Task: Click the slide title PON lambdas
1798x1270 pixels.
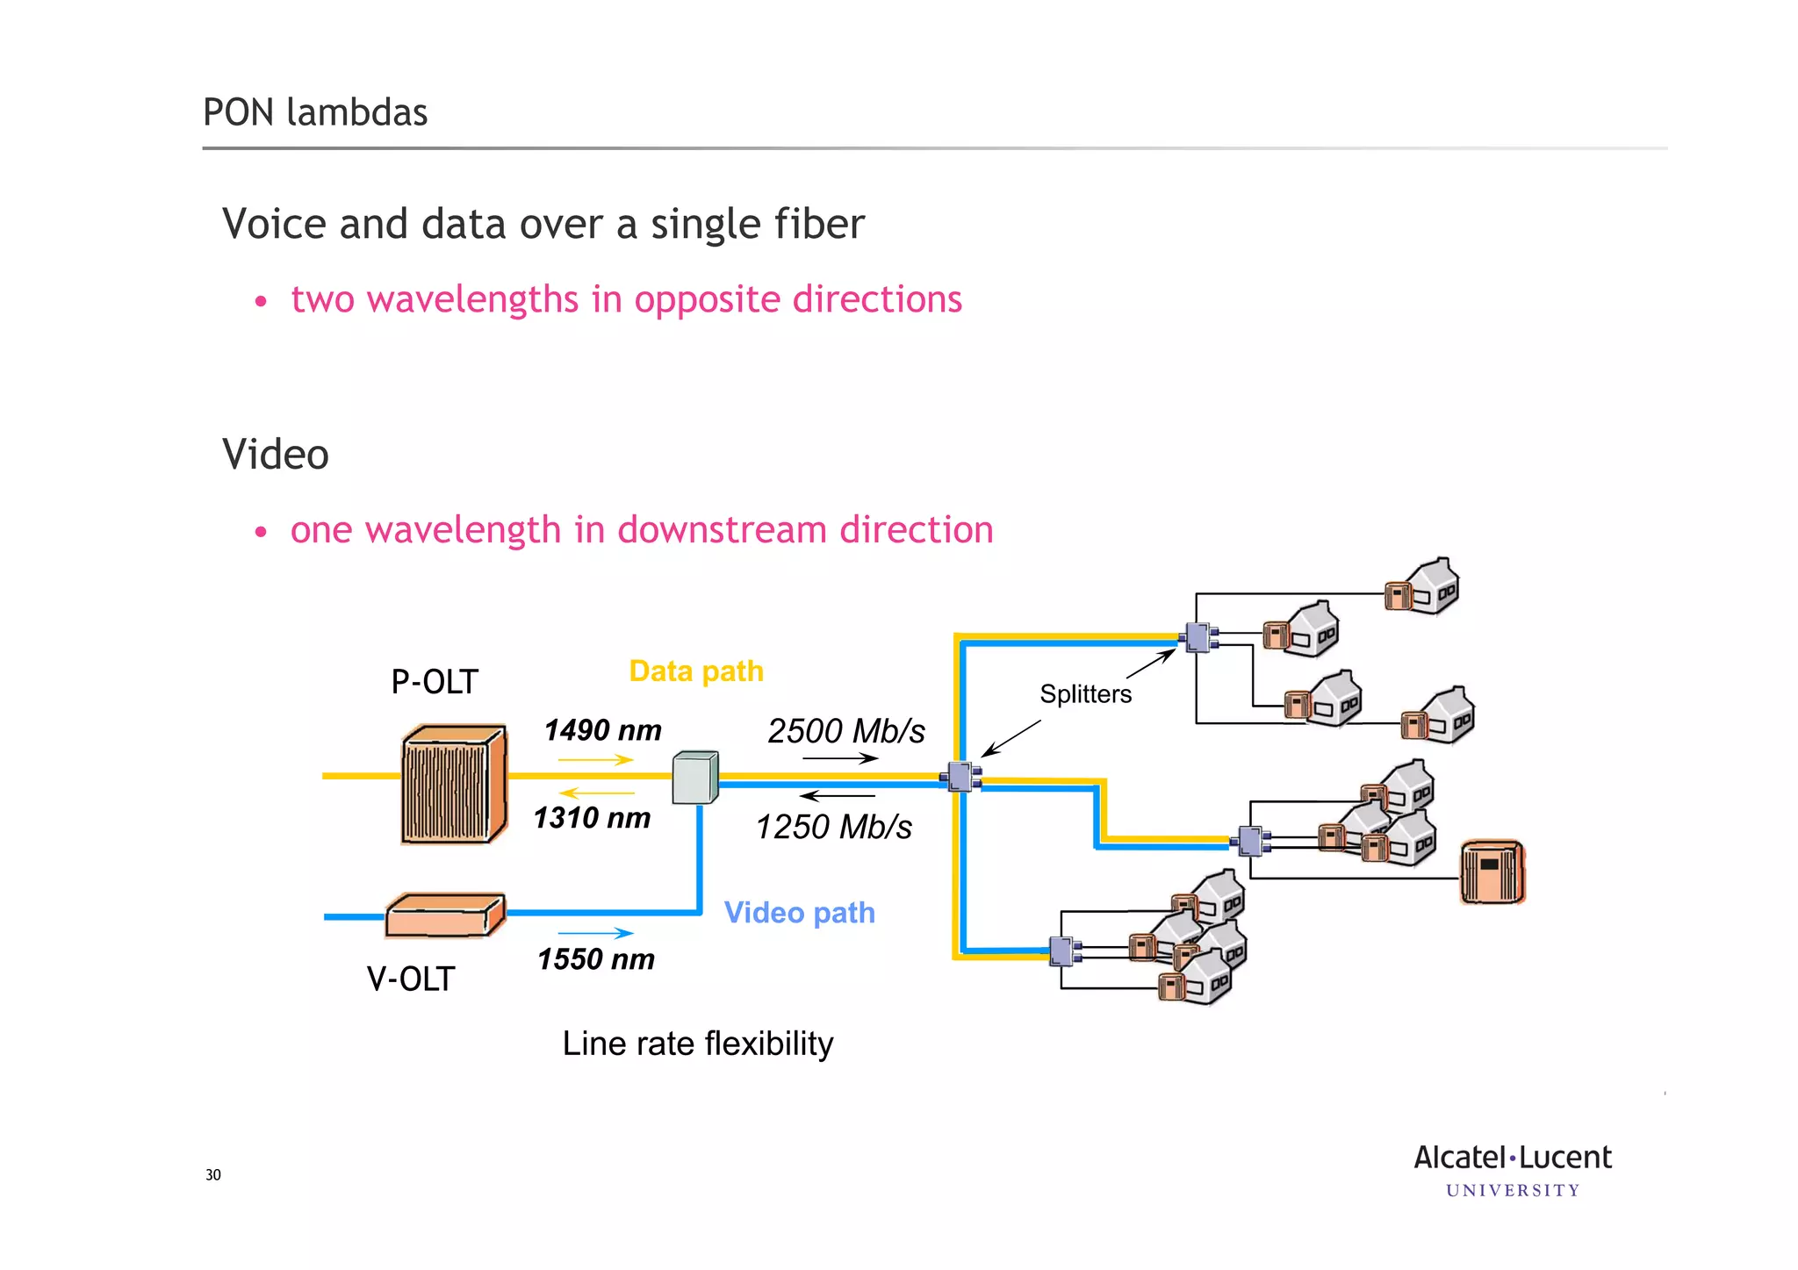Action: pos(315,112)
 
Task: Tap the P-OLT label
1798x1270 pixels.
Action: pos(434,682)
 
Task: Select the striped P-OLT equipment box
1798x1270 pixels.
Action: pos(453,784)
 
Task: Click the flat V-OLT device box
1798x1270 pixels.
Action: pos(445,915)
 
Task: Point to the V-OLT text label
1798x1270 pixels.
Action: pos(411,979)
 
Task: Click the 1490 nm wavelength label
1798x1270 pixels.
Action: pos(602,730)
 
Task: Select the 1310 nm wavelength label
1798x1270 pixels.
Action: pos(592,818)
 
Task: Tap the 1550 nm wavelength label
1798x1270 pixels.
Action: pos(596,959)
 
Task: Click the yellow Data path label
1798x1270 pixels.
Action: pos(696,671)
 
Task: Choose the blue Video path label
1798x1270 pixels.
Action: pos(799,913)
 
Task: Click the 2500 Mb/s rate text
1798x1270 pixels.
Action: pos(846,731)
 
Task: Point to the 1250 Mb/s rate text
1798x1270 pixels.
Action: pos(833,827)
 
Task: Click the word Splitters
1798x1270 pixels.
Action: pos(1085,694)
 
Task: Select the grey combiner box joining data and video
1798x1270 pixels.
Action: pos(694,778)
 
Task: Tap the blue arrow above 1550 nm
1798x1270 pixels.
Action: pos(595,933)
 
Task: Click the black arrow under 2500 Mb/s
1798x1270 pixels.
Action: pos(839,758)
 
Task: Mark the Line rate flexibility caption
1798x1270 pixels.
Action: pos(698,1044)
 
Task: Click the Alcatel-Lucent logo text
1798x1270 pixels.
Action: pos(1512,1158)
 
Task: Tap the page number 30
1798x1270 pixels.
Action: pos(213,1175)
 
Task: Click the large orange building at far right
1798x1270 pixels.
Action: pos(1492,872)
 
